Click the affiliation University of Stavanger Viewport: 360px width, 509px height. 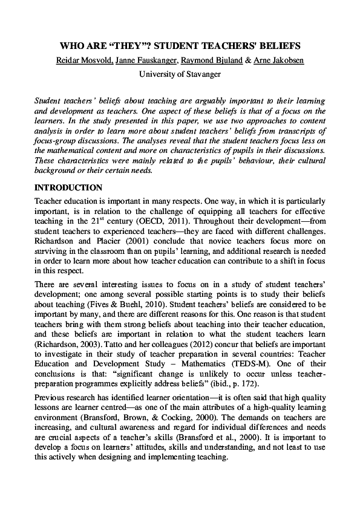coord(180,74)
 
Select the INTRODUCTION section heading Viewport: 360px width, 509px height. coord(68,188)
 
